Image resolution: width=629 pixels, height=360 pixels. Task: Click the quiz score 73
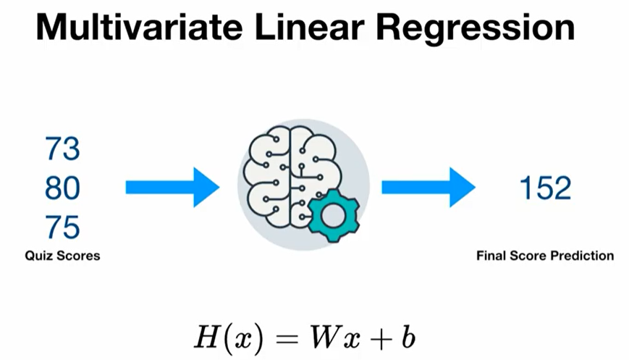[x=62, y=150]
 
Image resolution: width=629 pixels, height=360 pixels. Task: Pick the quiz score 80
[x=62, y=189]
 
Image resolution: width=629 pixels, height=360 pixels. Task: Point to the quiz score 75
[x=62, y=228]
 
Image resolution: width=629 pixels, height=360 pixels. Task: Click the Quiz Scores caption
[x=62, y=256]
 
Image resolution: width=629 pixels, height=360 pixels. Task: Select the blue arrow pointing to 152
[x=428, y=188]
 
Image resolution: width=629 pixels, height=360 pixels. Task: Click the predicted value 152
[x=546, y=188]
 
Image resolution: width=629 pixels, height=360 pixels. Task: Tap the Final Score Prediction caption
[x=545, y=256]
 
